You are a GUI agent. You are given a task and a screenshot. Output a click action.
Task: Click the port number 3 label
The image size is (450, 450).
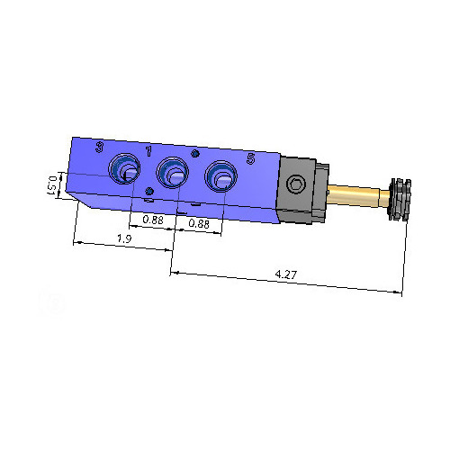coord(99,147)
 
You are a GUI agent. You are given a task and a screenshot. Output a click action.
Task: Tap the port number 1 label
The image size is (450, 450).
coord(148,150)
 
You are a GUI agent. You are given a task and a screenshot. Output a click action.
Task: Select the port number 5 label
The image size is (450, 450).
coord(250,158)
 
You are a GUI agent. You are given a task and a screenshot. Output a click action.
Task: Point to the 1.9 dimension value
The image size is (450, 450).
coord(125,238)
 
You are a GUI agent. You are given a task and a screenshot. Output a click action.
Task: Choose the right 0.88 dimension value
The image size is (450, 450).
coord(198,224)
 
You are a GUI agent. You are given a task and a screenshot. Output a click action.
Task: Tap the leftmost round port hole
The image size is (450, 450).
coord(124,168)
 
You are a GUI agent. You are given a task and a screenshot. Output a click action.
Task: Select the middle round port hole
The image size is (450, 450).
coord(171,172)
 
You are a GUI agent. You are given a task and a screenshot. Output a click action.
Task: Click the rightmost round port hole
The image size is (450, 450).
coord(220,176)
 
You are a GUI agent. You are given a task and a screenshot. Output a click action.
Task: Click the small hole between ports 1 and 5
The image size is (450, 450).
coord(195,155)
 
